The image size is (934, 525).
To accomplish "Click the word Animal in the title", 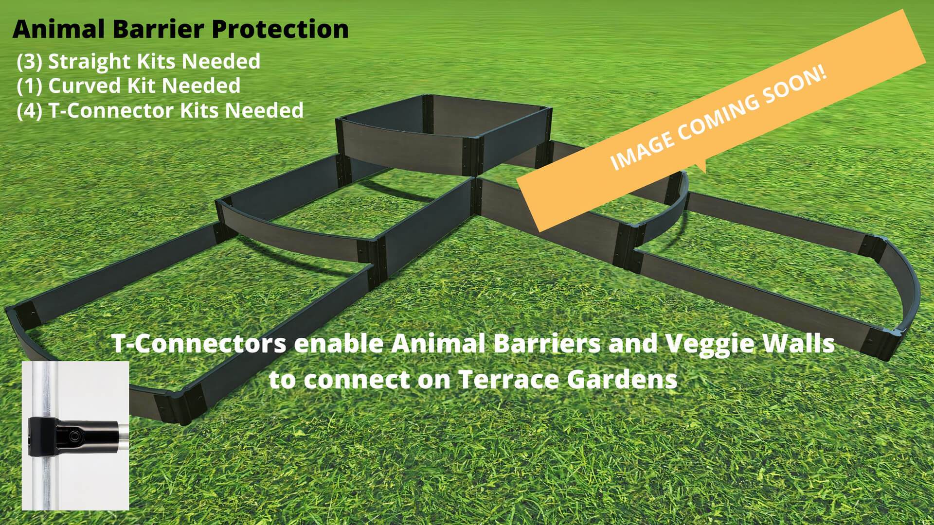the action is pyautogui.click(x=57, y=29).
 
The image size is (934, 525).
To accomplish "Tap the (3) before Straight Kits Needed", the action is pyautogui.click(x=30, y=62).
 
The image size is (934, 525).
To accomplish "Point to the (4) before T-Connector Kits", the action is pyautogui.click(x=30, y=110).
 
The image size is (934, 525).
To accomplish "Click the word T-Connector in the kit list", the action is pyautogui.click(x=112, y=110).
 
